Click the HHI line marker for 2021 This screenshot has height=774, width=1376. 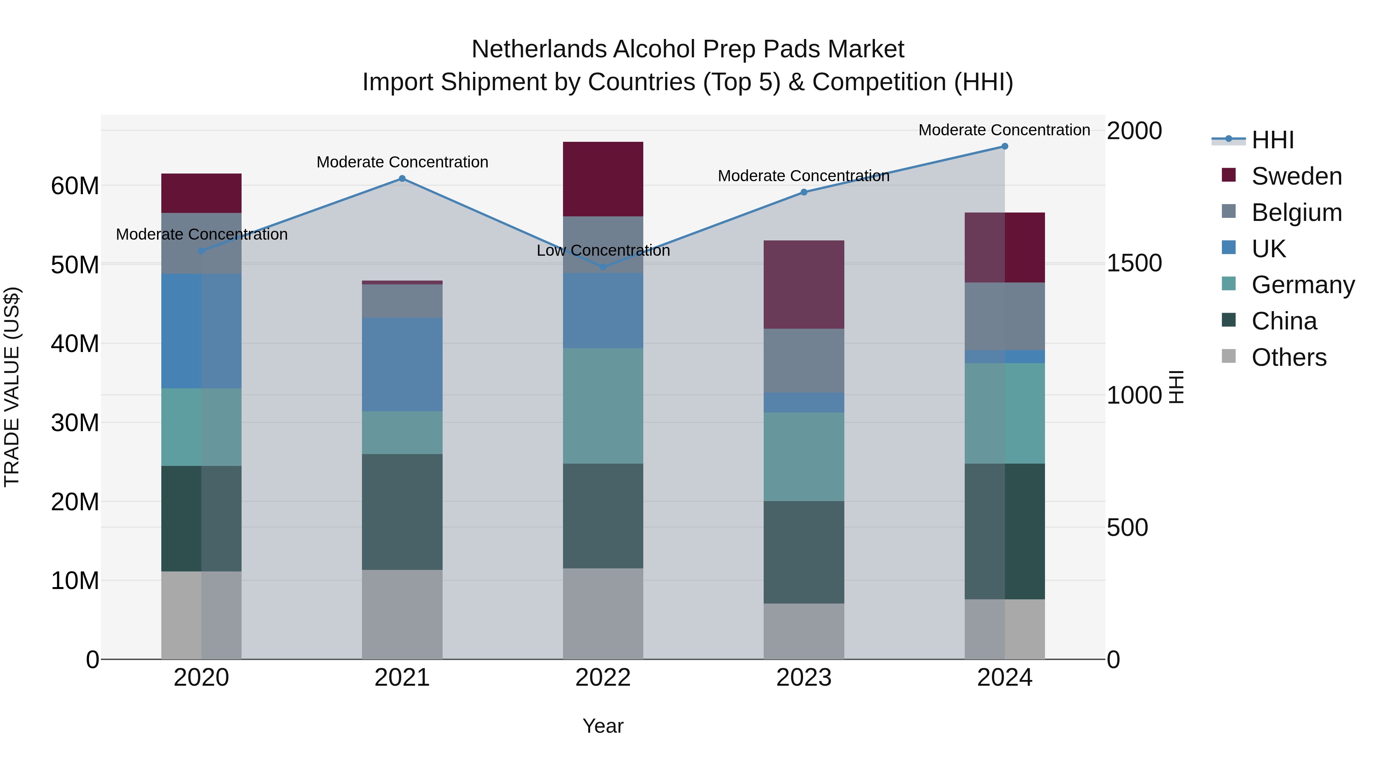[x=402, y=178]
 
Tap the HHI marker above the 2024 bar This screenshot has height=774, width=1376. [x=1004, y=146]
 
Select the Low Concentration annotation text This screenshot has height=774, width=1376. [x=603, y=250]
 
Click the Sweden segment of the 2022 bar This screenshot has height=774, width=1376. [x=603, y=179]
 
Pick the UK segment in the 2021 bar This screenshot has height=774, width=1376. [x=402, y=364]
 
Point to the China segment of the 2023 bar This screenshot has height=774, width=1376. [x=803, y=552]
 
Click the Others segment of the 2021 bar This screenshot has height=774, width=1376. [x=402, y=614]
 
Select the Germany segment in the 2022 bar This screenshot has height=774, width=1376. [x=603, y=406]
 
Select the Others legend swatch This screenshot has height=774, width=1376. [x=1228, y=356]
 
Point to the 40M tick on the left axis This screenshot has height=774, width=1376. [x=75, y=344]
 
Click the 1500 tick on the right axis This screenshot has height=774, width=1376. [x=1134, y=263]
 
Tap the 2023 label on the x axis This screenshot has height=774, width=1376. [x=803, y=678]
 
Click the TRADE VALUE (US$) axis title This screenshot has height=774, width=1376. [x=12, y=387]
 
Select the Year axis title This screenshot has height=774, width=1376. [x=603, y=726]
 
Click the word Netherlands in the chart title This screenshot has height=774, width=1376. [x=539, y=49]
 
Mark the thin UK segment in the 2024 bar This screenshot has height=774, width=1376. [x=1004, y=357]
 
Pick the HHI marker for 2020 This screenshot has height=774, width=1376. [x=201, y=250]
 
